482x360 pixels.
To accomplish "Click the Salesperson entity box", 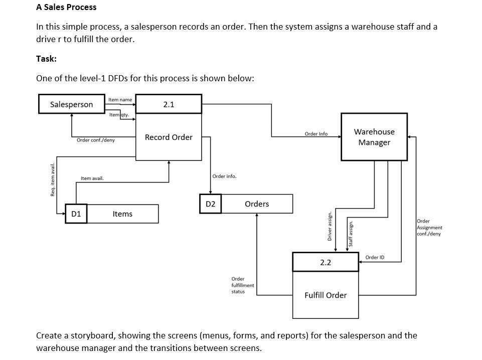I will click(72, 104).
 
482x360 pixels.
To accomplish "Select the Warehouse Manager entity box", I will click(374, 137).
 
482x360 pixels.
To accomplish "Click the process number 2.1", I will click(169, 104).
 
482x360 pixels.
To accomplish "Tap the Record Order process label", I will click(169, 137).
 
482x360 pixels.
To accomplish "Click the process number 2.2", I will click(326, 262).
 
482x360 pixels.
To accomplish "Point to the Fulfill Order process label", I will click(326, 295).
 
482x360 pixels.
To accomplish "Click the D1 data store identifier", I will click(76, 214).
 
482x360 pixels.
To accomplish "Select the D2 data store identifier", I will click(211, 204).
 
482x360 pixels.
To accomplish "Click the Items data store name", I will click(122, 214).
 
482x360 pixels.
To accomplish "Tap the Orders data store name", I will click(257, 204).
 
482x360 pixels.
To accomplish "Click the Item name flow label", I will click(120, 100).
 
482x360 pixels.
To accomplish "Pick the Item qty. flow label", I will click(119, 115).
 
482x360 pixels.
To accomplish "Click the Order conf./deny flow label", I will click(95, 140).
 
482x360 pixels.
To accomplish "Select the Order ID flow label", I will click(375, 257).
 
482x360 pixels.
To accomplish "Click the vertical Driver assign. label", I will click(330, 226).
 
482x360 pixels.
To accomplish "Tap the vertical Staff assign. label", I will click(351, 233).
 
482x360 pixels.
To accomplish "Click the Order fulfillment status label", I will click(242, 285).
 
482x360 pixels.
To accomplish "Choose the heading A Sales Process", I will click(66, 8).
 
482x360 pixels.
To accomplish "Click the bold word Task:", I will click(46, 59).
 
